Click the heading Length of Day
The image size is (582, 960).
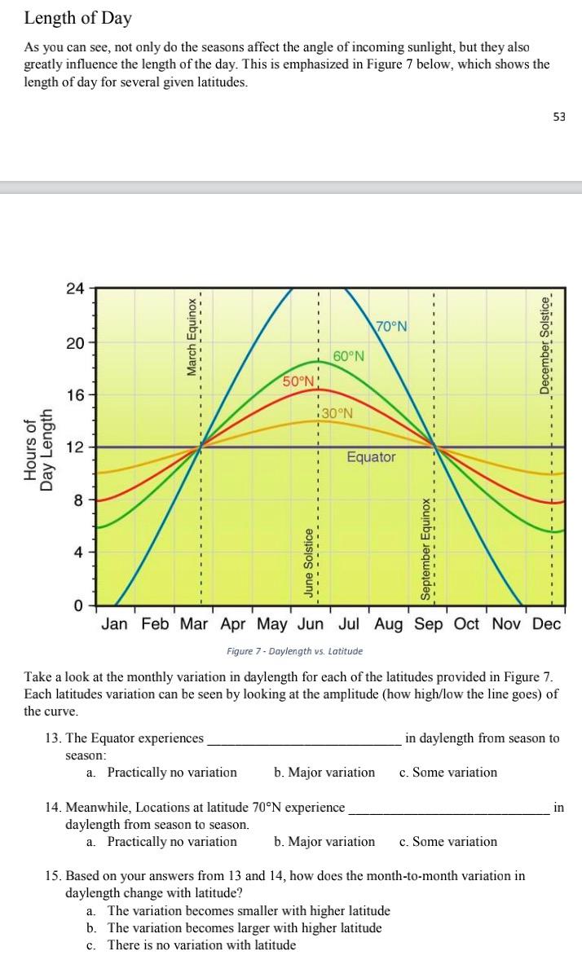[x=77, y=17]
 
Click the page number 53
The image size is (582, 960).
[x=558, y=117]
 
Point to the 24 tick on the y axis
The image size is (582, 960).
[x=75, y=288]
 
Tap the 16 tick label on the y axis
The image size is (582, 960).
[x=75, y=395]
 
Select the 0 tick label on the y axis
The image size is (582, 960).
[x=78, y=606]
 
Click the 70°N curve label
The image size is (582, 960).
[x=391, y=327]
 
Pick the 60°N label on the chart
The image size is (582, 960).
[x=349, y=356]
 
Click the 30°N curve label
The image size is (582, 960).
[x=337, y=412]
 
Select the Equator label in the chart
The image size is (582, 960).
[x=371, y=457]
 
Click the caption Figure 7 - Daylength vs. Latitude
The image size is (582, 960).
[x=294, y=651]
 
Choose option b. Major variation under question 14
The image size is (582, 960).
[x=324, y=842]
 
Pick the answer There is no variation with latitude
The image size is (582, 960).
[x=201, y=945]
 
